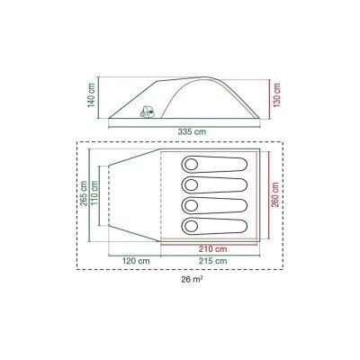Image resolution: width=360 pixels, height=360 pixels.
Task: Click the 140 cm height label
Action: [x=92, y=94]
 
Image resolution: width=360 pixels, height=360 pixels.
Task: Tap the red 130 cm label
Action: [x=276, y=95]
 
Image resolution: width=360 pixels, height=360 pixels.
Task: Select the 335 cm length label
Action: [x=192, y=131]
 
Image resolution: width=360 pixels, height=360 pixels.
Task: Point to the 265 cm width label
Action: [x=84, y=193]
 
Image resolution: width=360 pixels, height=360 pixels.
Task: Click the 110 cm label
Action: [x=94, y=193]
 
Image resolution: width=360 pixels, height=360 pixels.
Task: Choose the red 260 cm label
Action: [x=275, y=194]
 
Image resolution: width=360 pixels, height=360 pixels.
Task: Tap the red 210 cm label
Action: [x=213, y=249]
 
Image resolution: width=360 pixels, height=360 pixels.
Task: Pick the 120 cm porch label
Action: [x=136, y=261]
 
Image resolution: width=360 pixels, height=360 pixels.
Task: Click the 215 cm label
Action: [x=213, y=261]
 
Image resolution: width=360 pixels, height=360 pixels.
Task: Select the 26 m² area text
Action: [x=192, y=280]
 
